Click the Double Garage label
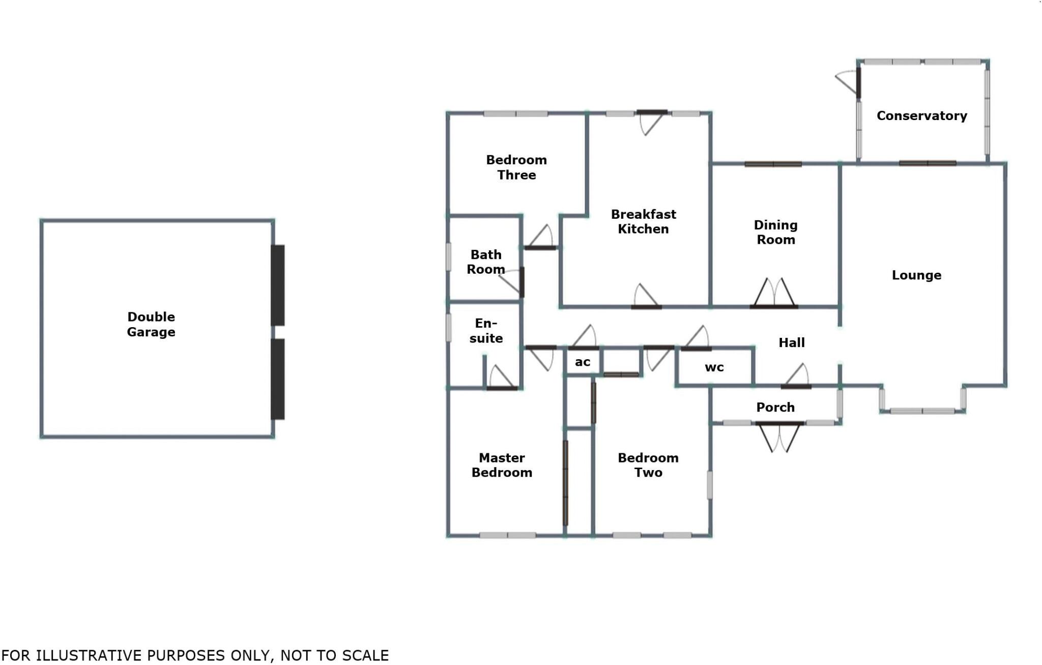pyautogui.click(x=151, y=324)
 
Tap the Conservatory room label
pyautogui.click(x=921, y=115)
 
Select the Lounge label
pyautogui.click(x=916, y=275)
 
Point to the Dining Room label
pyautogui.click(x=775, y=232)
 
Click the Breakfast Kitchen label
pyautogui.click(x=643, y=221)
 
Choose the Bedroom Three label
pyautogui.click(x=516, y=167)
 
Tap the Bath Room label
pyautogui.click(x=486, y=262)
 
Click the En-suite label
pyautogui.click(x=486, y=331)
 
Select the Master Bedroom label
pyautogui.click(x=502, y=465)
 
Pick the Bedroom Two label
pyautogui.click(x=648, y=465)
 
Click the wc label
pyautogui.click(x=714, y=367)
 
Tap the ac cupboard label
pyautogui.click(x=583, y=362)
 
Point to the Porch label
pyautogui.click(x=775, y=407)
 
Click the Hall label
pyautogui.click(x=792, y=343)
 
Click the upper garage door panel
pyautogui.click(x=277, y=285)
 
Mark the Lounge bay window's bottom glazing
pyautogui.click(x=922, y=411)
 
